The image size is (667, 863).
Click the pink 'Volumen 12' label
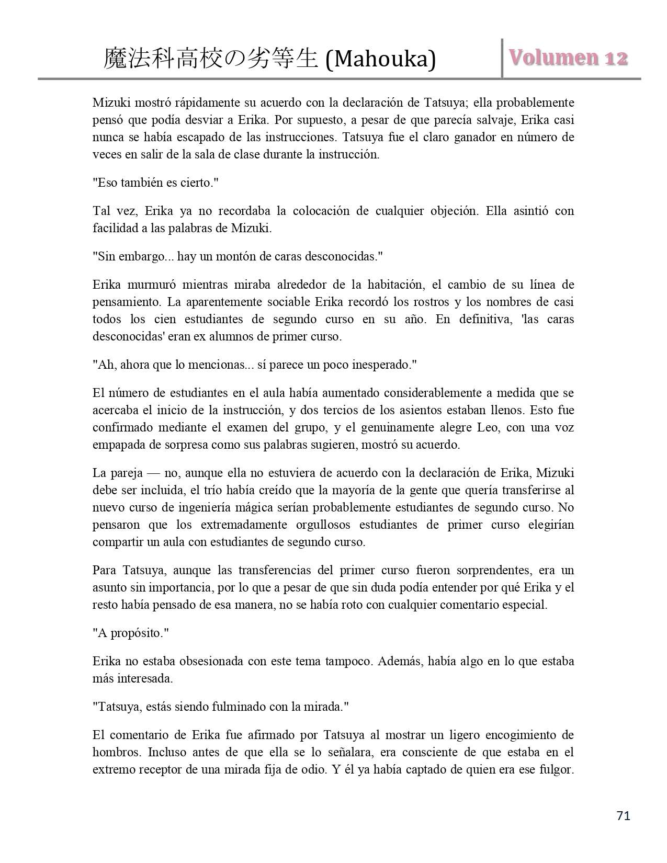pyautogui.click(x=567, y=58)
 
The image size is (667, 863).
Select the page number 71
pyautogui.click(x=624, y=816)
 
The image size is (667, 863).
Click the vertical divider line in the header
pyautogui.click(x=502, y=58)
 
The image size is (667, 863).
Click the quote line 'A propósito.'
pyautogui.click(x=131, y=633)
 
